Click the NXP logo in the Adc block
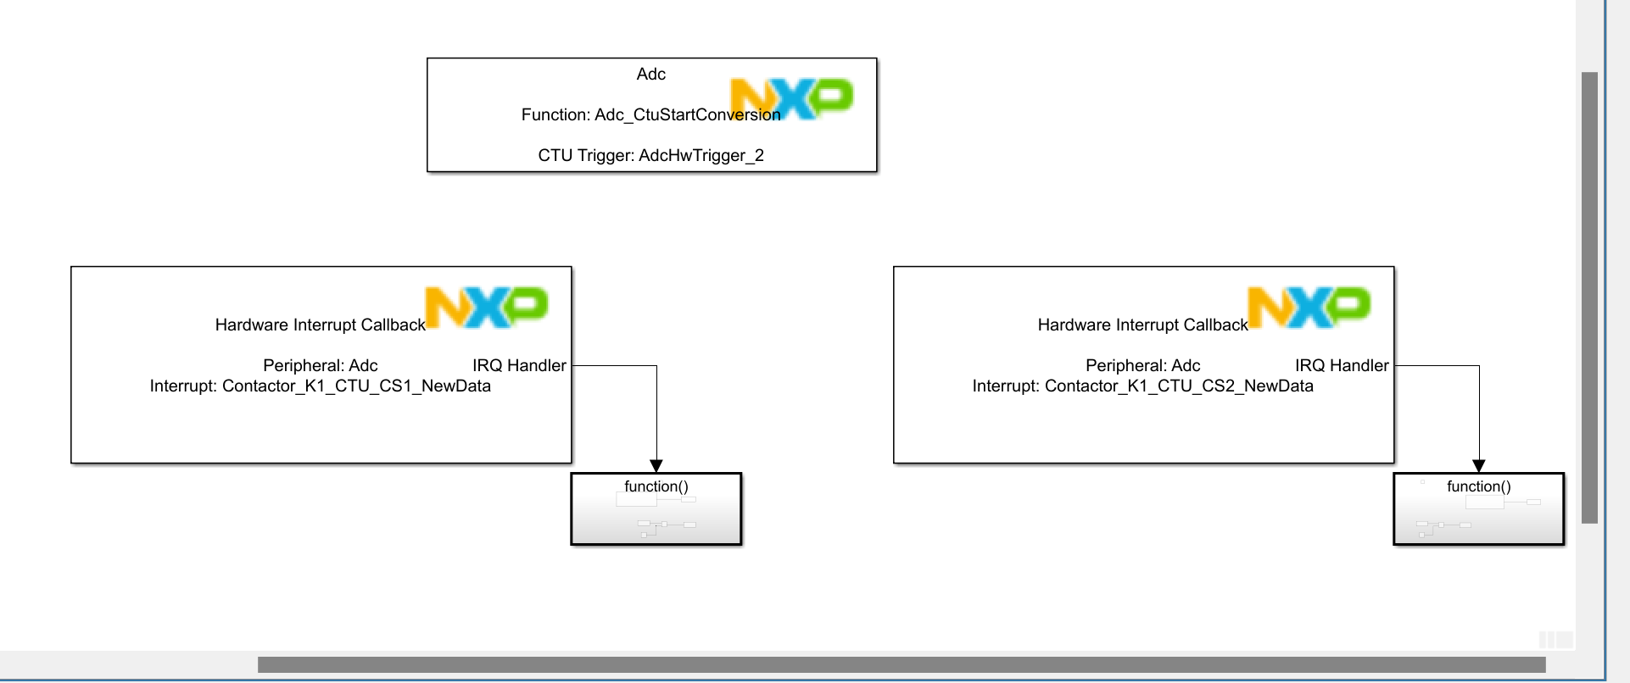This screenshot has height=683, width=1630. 792,98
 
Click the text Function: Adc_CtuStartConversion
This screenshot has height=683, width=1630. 650,115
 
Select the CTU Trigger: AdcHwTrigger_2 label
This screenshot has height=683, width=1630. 650,156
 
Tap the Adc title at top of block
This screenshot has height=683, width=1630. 651,75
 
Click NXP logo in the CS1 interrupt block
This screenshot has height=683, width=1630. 487,307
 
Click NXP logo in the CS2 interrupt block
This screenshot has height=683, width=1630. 1309,307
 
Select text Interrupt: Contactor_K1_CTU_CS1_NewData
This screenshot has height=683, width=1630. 321,386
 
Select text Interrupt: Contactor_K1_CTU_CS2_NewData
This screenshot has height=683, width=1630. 1142,386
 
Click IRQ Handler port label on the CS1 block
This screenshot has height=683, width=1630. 519,366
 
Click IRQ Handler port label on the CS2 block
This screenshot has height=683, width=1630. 1342,366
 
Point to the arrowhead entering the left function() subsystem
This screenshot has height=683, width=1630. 656,466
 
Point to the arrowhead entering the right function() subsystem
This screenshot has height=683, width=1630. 1479,466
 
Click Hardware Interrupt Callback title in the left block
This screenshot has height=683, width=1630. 321,325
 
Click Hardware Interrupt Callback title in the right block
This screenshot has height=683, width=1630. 1142,325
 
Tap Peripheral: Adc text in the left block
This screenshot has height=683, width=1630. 321,366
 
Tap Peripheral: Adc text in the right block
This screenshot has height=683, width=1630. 1142,366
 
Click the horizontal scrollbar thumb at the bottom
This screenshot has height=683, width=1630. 901,664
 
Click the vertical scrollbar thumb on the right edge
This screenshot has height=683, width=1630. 1589,297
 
